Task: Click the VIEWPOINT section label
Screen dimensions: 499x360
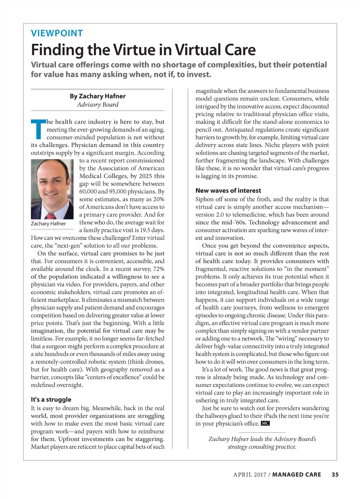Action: coord(57,33)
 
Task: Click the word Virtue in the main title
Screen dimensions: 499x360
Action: coord(134,50)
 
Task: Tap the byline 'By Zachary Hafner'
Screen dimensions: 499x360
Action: coord(97,96)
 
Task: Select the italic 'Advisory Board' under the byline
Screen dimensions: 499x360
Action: coord(98,105)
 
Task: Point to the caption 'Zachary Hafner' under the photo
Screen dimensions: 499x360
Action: coord(48,224)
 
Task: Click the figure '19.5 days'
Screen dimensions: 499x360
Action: coord(152,230)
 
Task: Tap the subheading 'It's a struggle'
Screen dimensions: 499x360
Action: coord(51,400)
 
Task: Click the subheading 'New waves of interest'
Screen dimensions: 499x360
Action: coord(228,190)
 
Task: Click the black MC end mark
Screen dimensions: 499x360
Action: coord(265,423)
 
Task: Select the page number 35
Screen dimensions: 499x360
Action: coord(335,475)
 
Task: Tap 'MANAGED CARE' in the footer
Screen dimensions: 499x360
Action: coord(296,475)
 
